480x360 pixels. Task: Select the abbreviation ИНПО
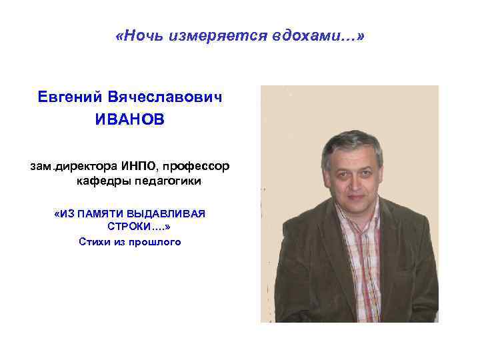tap(139, 165)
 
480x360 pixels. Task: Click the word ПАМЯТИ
tap(101, 213)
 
